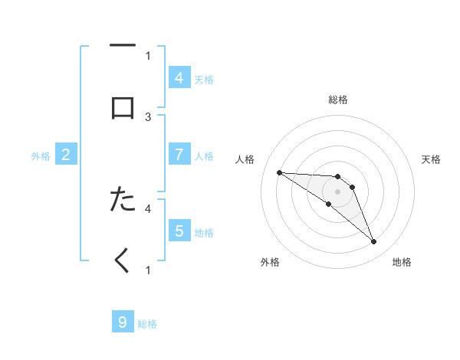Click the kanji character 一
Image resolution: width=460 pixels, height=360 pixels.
click(x=123, y=46)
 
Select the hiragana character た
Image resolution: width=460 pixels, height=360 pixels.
click(x=123, y=199)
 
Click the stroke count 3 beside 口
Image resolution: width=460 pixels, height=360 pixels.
click(x=148, y=117)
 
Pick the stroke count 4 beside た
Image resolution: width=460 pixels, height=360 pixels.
click(x=148, y=208)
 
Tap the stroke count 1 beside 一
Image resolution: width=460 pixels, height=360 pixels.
click(x=148, y=55)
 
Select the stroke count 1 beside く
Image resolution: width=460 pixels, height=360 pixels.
click(x=148, y=270)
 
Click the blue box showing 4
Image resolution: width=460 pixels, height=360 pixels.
click(x=179, y=77)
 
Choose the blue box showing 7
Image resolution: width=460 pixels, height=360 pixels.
click(x=179, y=155)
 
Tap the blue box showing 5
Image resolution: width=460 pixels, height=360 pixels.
click(x=179, y=231)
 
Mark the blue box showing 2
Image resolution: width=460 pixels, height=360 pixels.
click(x=66, y=155)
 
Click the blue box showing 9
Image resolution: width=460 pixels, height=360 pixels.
click(x=123, y=322)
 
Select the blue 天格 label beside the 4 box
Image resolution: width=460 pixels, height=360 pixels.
click(x=204, y=79)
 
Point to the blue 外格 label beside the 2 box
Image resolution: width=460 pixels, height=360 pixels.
click(x=41, y=156)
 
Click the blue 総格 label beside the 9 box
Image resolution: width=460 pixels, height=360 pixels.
click(x=147, y=324)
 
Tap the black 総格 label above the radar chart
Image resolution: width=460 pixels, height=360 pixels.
click(x=338, y=100)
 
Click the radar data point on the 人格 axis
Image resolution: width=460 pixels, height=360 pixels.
click(x=279, y=172)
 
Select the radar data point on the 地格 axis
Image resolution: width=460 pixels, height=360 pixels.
click(x=374, y=242)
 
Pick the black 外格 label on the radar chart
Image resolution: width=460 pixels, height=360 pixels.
click(x=270, y=263)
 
